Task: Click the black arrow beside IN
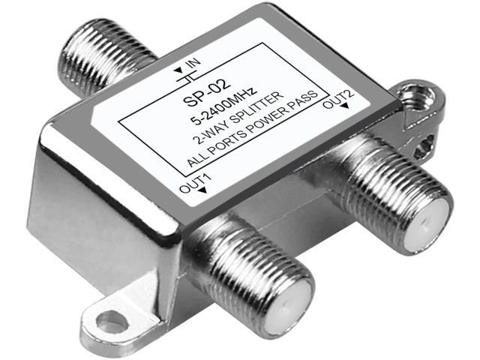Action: (x=178, y=71)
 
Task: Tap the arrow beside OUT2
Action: (x=344, y=108)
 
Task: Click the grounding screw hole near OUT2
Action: (x=411, y=97)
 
